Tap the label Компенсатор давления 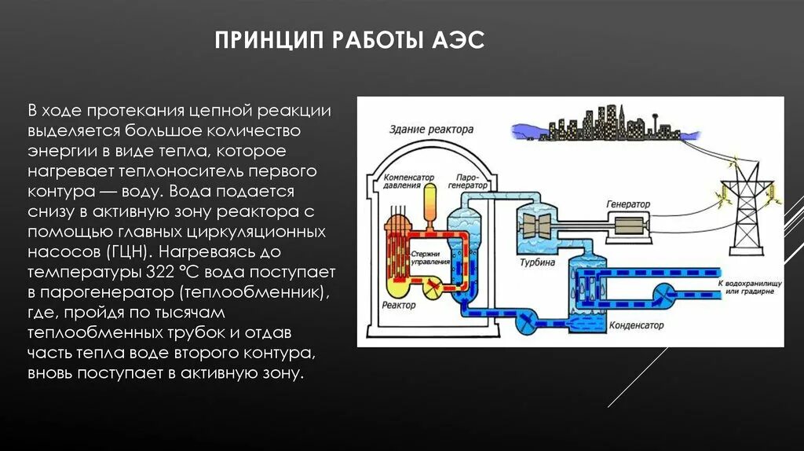click(x=408, y=182)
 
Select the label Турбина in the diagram click(x=537, y=261)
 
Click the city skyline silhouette click(x=597, y=127)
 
